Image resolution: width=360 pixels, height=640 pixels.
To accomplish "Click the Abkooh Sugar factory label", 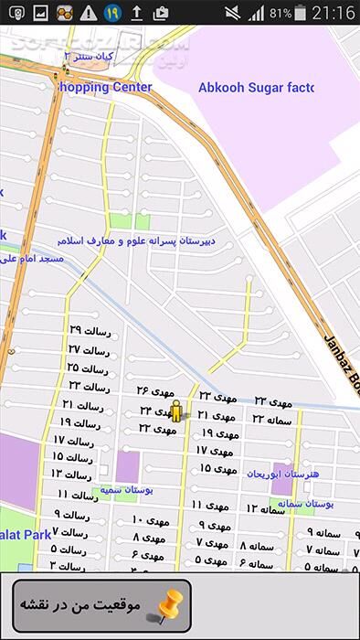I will [255, 88].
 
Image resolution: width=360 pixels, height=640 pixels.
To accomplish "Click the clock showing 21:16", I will [334, 13].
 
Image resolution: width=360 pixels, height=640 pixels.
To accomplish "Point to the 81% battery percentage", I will [281, 14].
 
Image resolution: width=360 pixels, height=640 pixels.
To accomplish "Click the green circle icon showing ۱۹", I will [111, 13].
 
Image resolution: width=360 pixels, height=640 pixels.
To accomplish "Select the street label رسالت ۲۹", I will [89, 331].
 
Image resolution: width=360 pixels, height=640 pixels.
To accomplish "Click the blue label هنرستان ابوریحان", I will [284, 474].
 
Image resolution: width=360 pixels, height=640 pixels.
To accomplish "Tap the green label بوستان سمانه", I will [305, 503].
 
